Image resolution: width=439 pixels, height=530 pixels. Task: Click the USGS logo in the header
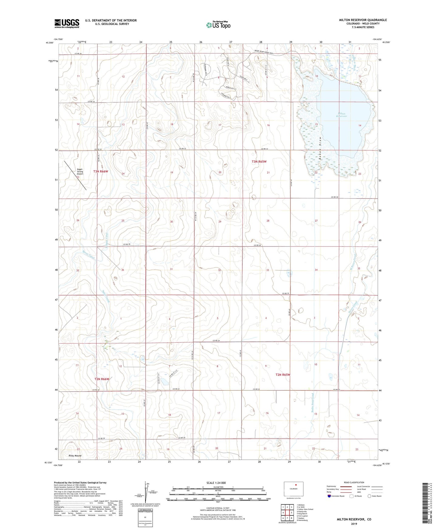tap(67, 23)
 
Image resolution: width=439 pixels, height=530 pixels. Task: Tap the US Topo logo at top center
tap(218, 25)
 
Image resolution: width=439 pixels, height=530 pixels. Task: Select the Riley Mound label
tap(75, 456)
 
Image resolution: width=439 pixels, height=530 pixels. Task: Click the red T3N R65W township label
tap(259, 162)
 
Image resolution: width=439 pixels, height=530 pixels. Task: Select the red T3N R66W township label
tap(101, 172)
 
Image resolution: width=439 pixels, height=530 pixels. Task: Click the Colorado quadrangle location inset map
tap(293, 489)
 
